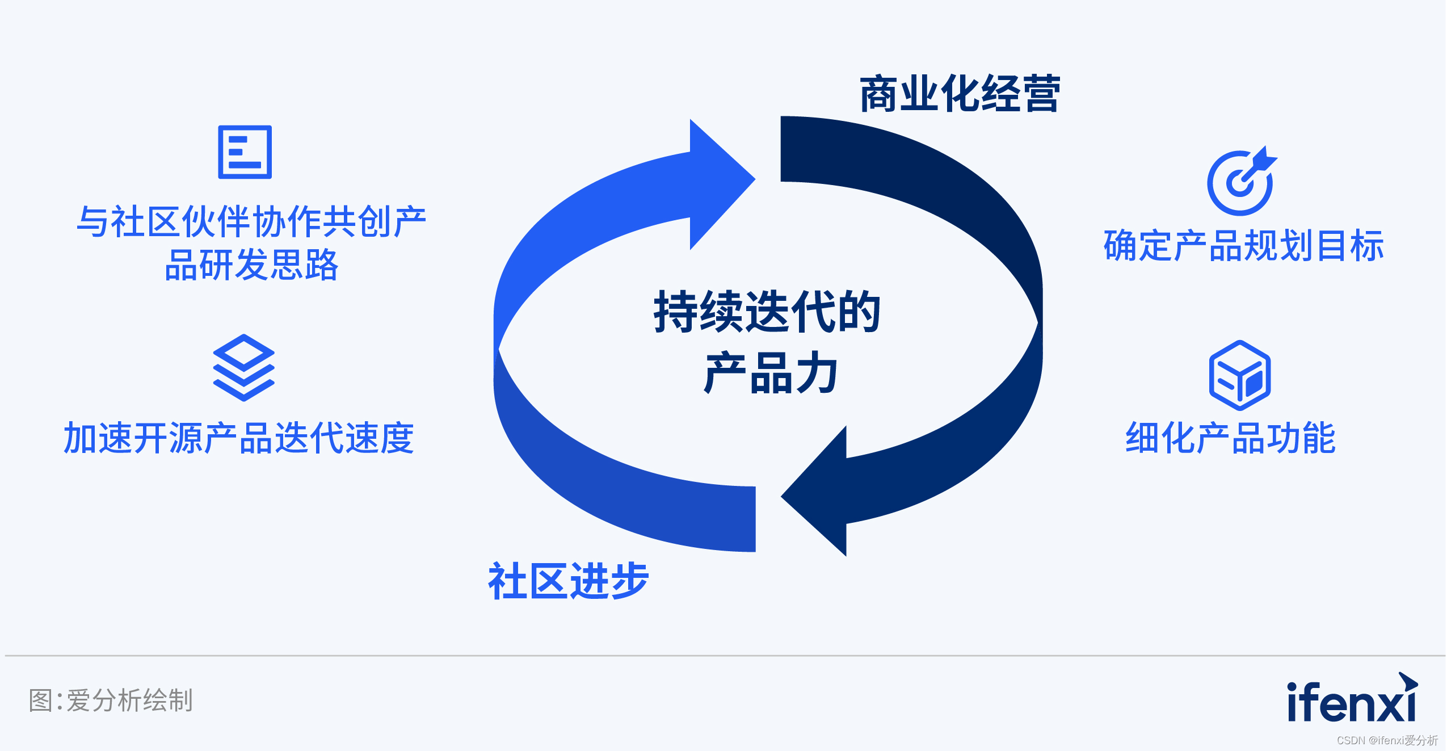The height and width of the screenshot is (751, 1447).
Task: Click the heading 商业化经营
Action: [959, 94]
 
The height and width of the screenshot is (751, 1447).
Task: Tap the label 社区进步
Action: [568, 581]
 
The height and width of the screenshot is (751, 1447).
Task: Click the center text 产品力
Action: [770, 373]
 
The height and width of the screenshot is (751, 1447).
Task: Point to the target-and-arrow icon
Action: [1241, 182]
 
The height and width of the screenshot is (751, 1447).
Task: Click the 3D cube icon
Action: [1240, 375]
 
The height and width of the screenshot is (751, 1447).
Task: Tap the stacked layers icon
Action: [243, 367]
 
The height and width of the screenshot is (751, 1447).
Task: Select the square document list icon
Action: [245, 152]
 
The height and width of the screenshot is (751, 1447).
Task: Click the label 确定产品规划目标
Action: [1243, 246]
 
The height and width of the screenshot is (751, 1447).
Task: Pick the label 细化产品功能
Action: [1230, 438]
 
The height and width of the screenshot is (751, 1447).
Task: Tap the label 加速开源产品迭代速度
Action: [239, 438]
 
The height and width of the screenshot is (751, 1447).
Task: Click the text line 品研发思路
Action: [251, 265]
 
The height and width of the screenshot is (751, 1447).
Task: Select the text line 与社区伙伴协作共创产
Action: [251, 221]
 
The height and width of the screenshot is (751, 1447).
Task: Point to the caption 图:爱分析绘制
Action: [111, 700]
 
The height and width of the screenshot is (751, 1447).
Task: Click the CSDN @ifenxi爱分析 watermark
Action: [1387, 740]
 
